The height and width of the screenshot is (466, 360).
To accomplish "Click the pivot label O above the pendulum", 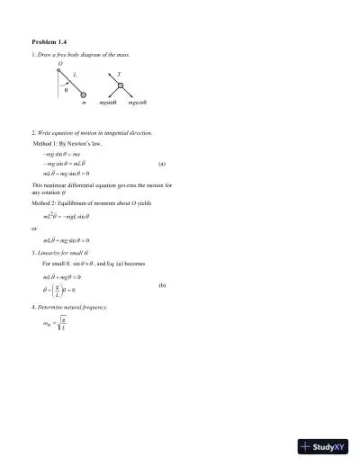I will tap(59, 65).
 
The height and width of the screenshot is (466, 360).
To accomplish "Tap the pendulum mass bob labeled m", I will tap(83, 94).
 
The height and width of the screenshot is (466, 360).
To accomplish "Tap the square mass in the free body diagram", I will tap(119, 86).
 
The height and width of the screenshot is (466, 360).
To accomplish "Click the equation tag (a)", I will tap(162, 165).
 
